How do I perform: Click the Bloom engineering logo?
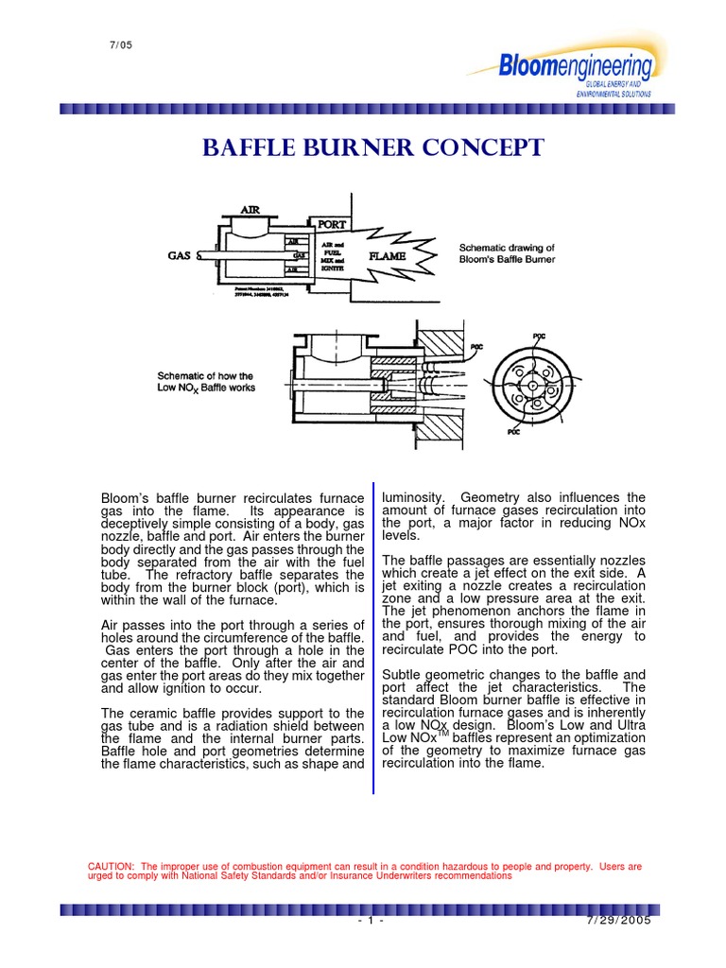576,67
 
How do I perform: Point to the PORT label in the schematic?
332,225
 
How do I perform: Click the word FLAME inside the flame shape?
389,255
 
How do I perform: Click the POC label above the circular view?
539,336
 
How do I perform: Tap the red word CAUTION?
111,866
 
